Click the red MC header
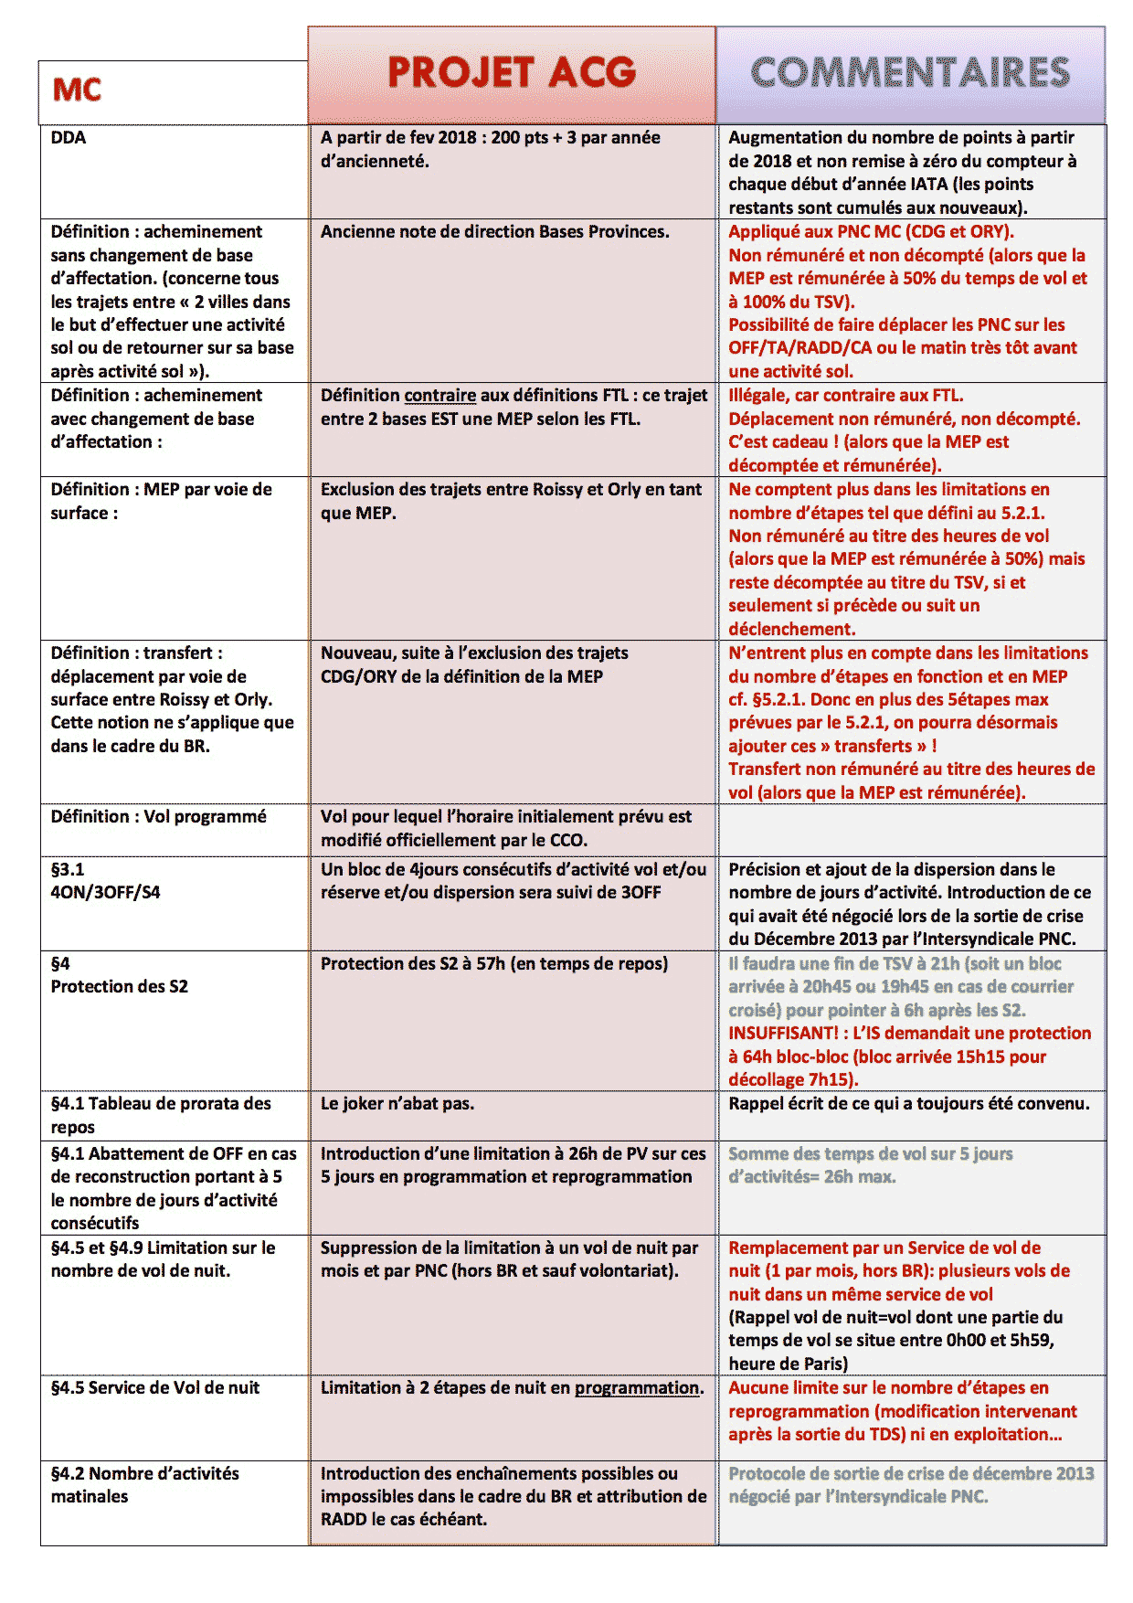coord(77,90)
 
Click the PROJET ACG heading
coord(512,73)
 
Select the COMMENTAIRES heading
coord(910,73)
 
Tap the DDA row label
coord(69,138)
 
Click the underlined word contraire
coord(439,396)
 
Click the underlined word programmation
coord(637,1388)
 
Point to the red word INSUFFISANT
coord(782,1034)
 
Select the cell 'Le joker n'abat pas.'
coord(397,1104)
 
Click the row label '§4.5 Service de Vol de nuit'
coord(155,1388)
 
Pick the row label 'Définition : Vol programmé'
coord(159,817)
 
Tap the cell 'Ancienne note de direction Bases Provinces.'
coord(494,232)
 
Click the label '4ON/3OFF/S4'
coord(105,893)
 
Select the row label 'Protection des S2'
coord(120,987)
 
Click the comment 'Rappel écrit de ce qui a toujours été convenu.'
coord(908,1104)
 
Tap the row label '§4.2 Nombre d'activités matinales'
coord(144,1485)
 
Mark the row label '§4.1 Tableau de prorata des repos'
coord(161,1115)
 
